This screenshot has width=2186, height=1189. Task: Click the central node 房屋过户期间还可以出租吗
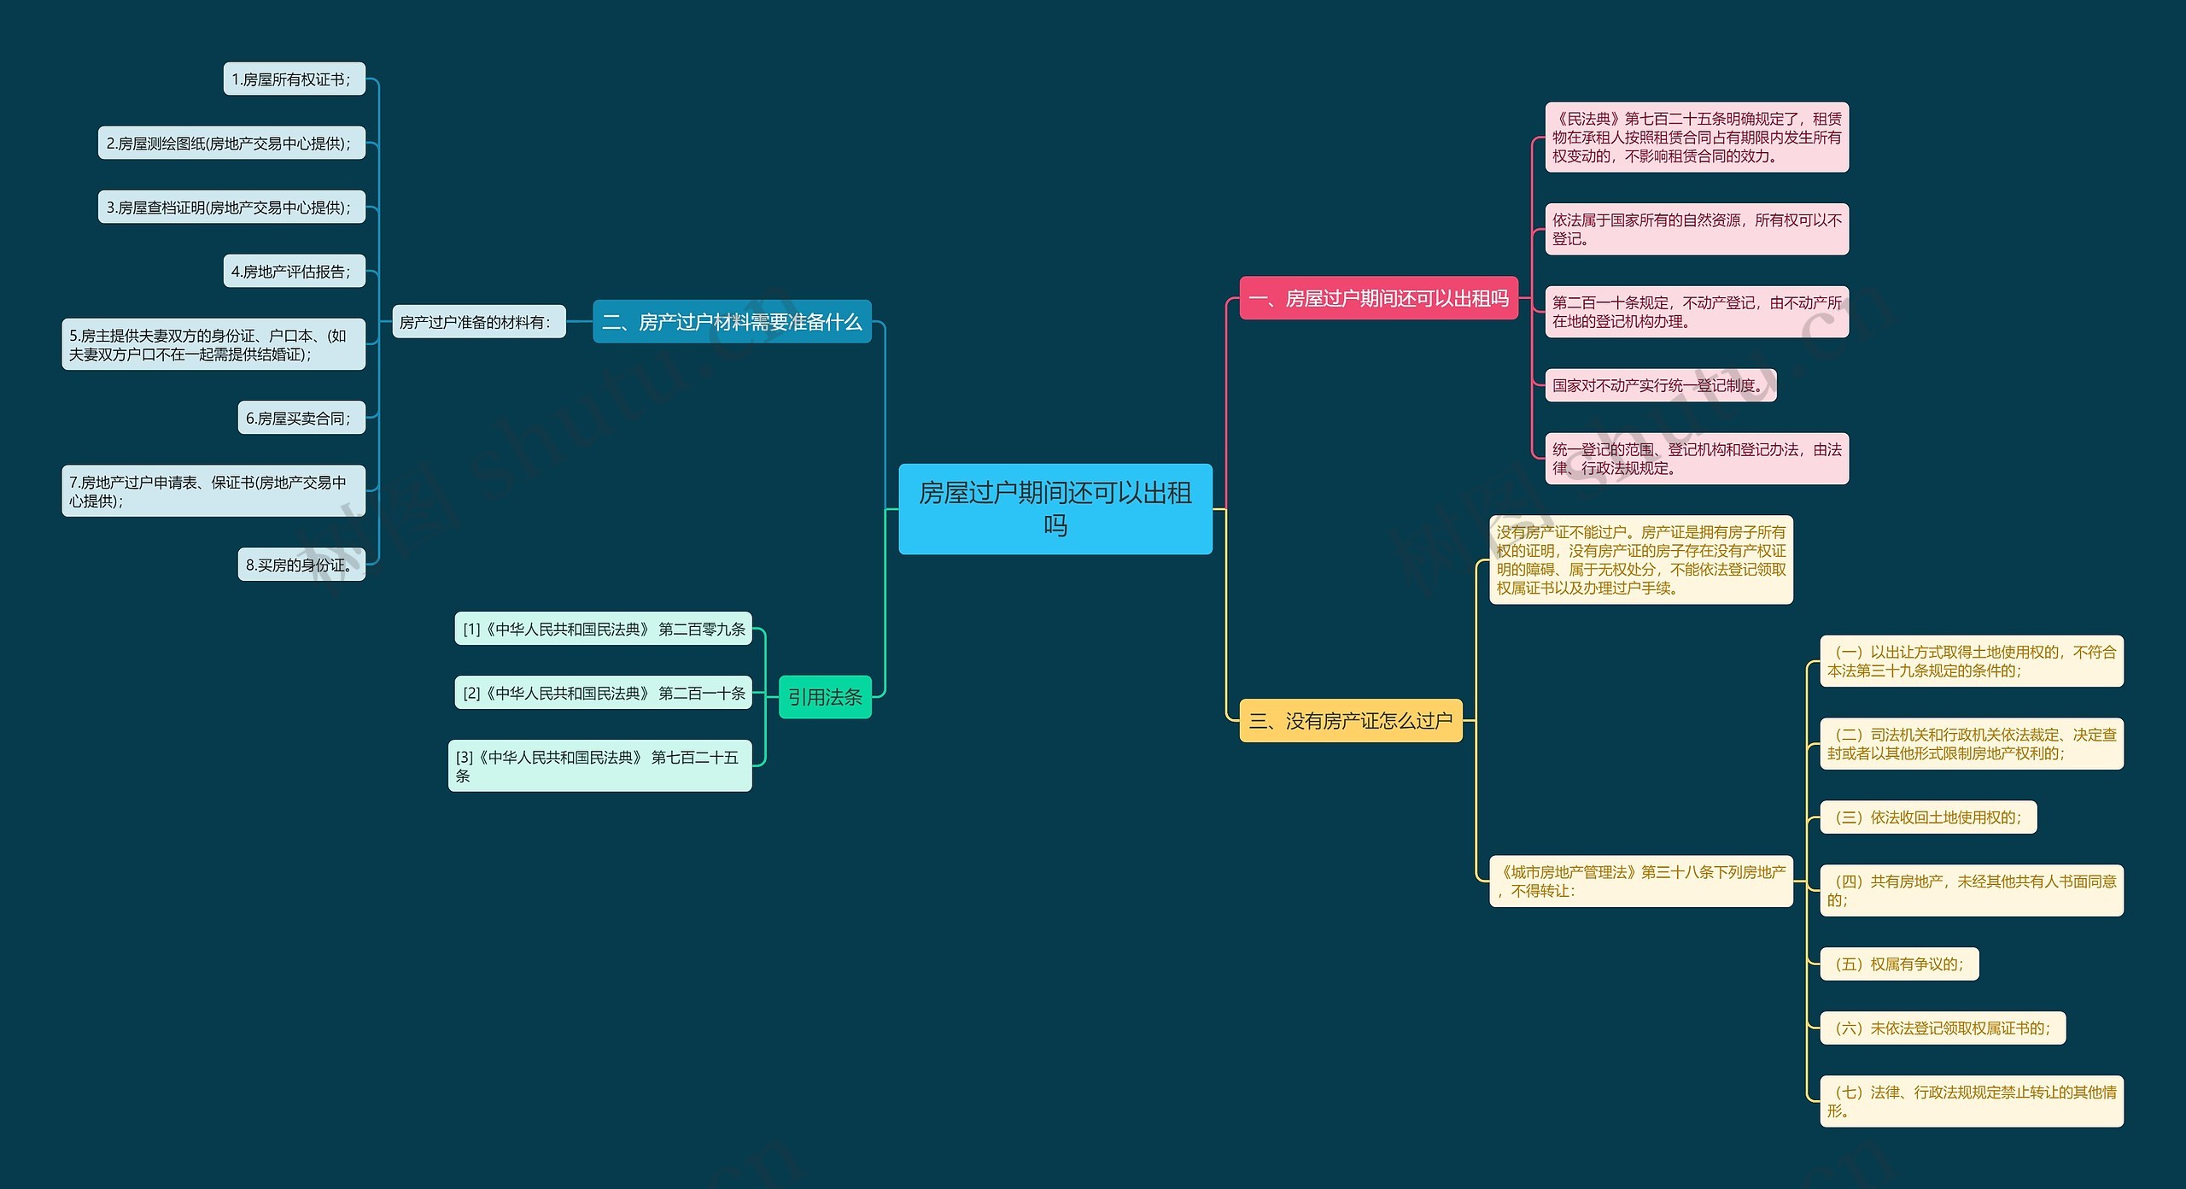(x=1055, y=508)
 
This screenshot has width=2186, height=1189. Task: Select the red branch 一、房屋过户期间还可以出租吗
(x=1378, y=298)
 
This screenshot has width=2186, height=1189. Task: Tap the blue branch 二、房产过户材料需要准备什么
(x=732, y=321)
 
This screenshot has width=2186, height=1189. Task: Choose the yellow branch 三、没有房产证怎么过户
(x=1350, y=721)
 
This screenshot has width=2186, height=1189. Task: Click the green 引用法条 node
(x=825, y=697)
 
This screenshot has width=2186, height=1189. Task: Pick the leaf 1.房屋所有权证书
(x=294, y=79)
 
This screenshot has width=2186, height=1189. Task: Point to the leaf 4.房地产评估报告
(x=294, y=272)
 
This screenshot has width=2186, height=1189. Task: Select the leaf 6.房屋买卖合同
(x=301, y=418)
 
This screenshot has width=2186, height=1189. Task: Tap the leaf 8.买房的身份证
(x=301, y=565)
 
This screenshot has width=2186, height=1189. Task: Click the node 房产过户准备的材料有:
(x=478, y=322)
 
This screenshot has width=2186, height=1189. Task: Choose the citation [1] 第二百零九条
(x=603, y=629)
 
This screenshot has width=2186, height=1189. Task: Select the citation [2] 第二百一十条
(x=603, y=693)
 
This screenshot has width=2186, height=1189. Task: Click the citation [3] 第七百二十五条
(x=599, y=765)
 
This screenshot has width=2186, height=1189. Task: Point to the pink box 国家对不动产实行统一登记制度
(x=1660, y=385)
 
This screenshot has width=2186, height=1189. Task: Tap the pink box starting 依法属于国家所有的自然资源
(x=1696, y=229)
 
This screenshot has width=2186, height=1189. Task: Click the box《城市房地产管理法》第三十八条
(x=1640, y=881)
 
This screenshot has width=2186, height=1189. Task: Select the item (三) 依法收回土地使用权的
(x=1927, y=817)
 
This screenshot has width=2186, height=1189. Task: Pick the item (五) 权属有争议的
(x=1898, y=963)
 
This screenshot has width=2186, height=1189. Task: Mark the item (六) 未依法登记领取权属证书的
(x=1942, y=1028)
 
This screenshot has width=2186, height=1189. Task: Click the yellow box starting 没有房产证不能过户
(x=1640, y=559)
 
